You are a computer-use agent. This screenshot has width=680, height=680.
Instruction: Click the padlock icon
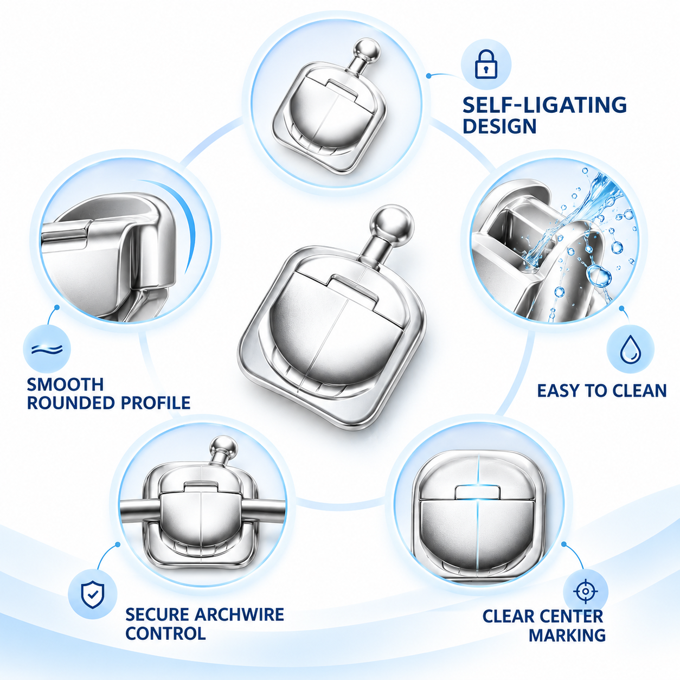pos(486,64)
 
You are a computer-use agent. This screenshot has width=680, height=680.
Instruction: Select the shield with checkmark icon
pos(92,595)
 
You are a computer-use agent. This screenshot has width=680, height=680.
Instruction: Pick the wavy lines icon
pos(47,349)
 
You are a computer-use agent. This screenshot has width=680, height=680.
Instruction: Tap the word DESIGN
pos(499,126)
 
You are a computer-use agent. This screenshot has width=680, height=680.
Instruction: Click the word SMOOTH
pos(65,384)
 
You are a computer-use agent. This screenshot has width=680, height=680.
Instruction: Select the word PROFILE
pos(156,403)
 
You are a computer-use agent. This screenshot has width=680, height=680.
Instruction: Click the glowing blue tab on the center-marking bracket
pos(477,491)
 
